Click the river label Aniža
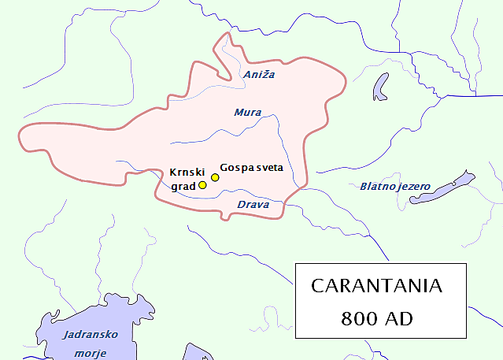click(259, 75)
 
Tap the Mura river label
click(248, 113)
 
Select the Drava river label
click(253, 206)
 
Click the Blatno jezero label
click(395, 187)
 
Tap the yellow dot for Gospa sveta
click(215, 177)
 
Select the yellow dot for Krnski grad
click(202, 185)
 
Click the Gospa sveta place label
click(252, 167)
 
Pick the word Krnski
click(187, 173)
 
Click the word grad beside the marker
click(183, 187)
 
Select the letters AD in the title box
click(398, 319)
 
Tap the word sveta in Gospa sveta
click(268, 167)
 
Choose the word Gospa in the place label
click(236, 167)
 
